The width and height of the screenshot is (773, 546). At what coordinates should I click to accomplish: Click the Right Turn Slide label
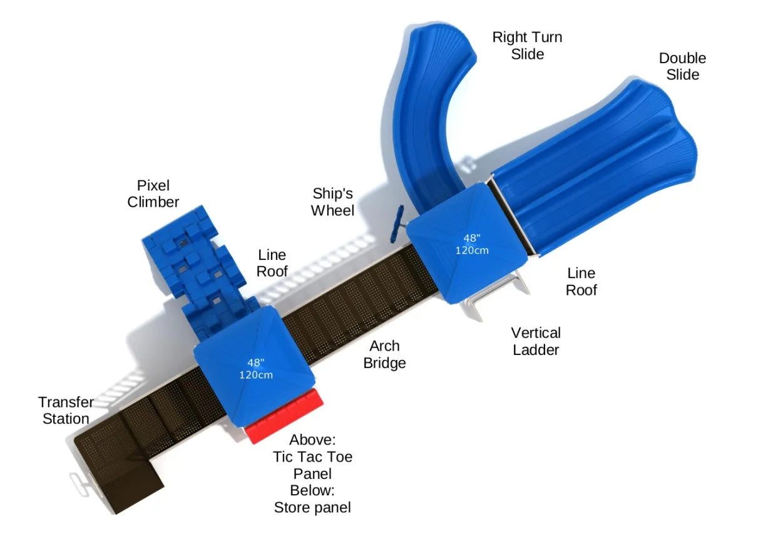coord(527,45)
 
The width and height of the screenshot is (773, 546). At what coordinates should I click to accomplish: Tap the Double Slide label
coord(682,66)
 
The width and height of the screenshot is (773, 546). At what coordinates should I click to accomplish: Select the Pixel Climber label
coord(153,193)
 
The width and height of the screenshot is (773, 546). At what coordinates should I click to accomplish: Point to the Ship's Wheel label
coord(333,202)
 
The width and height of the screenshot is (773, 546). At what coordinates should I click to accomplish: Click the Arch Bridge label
coord(384,354)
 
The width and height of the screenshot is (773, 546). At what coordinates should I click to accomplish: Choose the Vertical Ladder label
coord(536,341)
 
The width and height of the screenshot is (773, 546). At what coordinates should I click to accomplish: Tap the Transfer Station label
coord(66,410)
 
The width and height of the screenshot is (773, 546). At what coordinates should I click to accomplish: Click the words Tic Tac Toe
coord(312,457)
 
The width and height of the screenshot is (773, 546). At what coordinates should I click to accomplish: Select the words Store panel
coord(312,507)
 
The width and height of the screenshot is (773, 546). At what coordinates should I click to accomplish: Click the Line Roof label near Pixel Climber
coord(272,263)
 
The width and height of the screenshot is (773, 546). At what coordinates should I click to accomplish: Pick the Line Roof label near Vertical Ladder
coord(581,281)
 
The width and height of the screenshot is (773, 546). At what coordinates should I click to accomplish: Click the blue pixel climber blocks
coord(194,263)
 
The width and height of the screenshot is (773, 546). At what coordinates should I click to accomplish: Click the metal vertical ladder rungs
coord(494,301)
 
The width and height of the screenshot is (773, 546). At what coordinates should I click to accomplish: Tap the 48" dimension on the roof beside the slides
coord(471,239)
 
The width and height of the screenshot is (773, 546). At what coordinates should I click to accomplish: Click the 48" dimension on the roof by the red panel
coord(255,363)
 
